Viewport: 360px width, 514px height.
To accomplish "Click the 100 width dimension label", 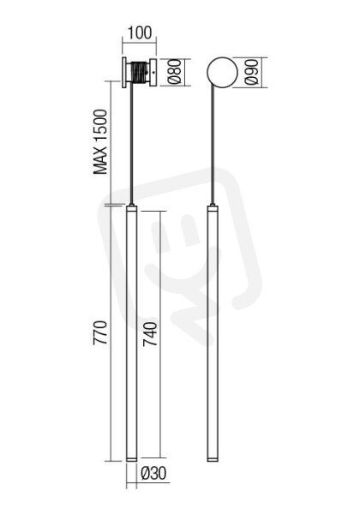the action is tap(140, 33).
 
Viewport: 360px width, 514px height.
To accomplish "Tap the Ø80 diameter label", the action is tap(174, 71).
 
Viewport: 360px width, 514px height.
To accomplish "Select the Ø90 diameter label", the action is tap(252, 72).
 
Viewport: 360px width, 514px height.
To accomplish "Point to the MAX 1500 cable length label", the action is tap(100, 142).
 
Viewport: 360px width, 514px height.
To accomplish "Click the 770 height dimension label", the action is tap(100, 332).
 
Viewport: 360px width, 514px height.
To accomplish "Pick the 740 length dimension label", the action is tap(150, 334).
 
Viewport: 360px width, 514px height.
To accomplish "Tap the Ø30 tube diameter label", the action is tap(153, 474).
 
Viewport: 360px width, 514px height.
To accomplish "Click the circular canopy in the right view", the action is tap(222, 73).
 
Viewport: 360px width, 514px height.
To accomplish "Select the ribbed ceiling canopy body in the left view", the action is tap(141, 73).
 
